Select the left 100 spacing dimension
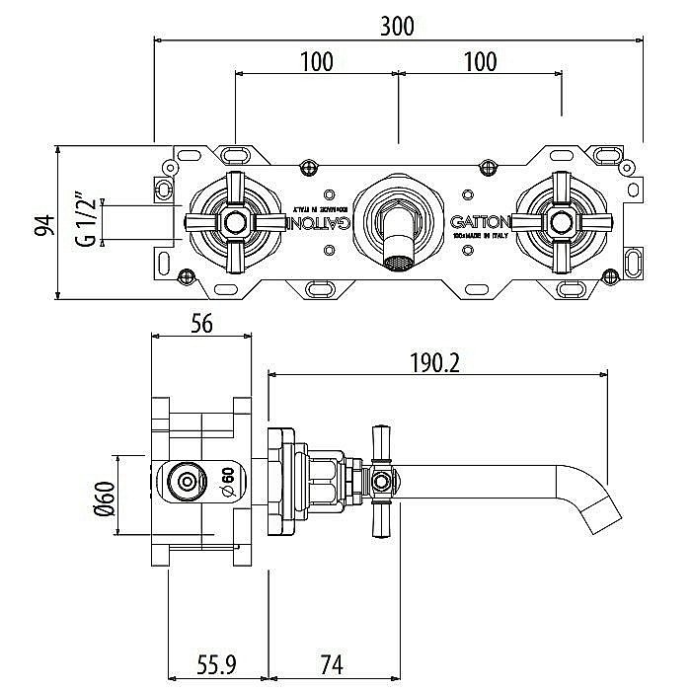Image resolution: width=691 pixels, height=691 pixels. pos(315,61)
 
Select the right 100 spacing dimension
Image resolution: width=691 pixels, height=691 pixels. pos(479,61)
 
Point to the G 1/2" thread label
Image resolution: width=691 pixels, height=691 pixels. pos(86,223)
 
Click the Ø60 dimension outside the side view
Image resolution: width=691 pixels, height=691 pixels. pos(102,495)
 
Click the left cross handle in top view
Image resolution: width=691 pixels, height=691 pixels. pos(234,222)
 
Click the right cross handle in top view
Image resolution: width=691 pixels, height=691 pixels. pos(561,222)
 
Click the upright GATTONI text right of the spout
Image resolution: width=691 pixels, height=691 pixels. pos(481,222)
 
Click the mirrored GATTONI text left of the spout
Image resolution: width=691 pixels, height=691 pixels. pos(318,222)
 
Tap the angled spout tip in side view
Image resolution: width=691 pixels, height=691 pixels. pos(599,507)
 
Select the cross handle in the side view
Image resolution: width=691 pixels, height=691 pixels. pos(381,484)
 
